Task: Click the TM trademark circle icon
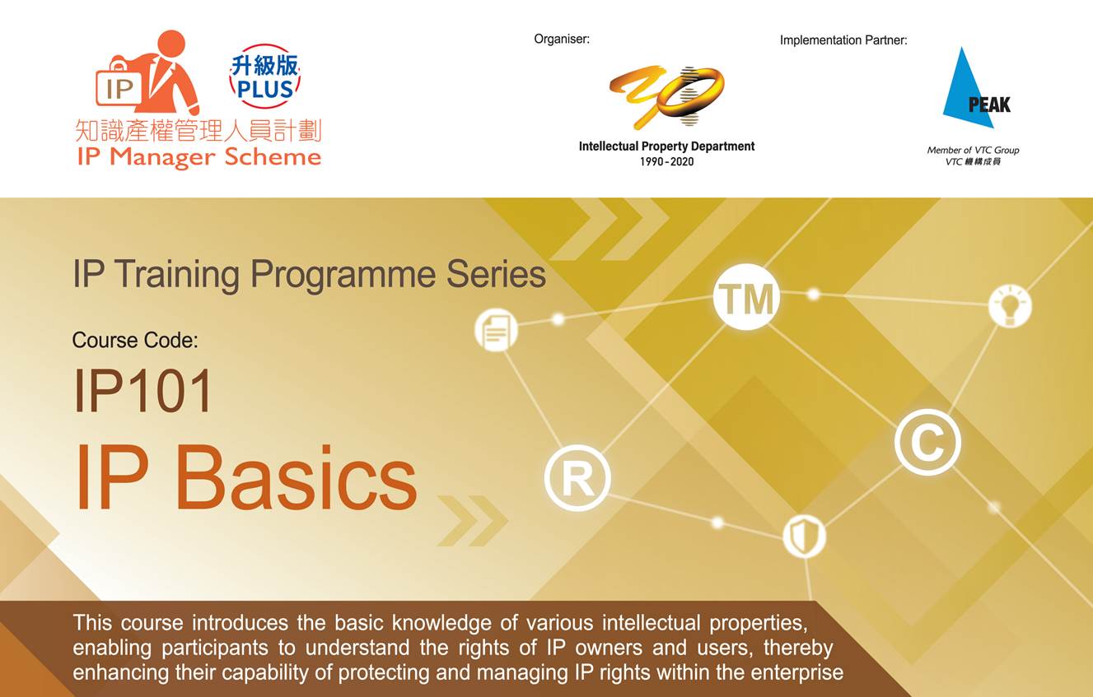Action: tap(746, 297)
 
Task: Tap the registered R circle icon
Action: tap(577, 477)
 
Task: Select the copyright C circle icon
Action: tap(927, 442)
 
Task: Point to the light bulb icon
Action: tap(1010, 305)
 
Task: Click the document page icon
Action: tap(496, 330)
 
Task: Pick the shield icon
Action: tap(804, 537)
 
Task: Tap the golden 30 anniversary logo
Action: tap(666, 97)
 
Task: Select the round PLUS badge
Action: tap(265, 77)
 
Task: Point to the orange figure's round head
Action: tap(171, 44)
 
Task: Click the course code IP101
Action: tap(142, 391)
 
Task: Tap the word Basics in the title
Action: tap(296, 477)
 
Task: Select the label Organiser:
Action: tap(562, 39)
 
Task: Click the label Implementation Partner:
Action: tap(843, 40)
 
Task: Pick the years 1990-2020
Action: tap(666, 162)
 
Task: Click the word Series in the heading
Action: tap(496, 274)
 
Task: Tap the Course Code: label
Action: tap(135, 340)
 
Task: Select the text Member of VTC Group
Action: tap(973, 150)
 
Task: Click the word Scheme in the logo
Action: tap(273, 157)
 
